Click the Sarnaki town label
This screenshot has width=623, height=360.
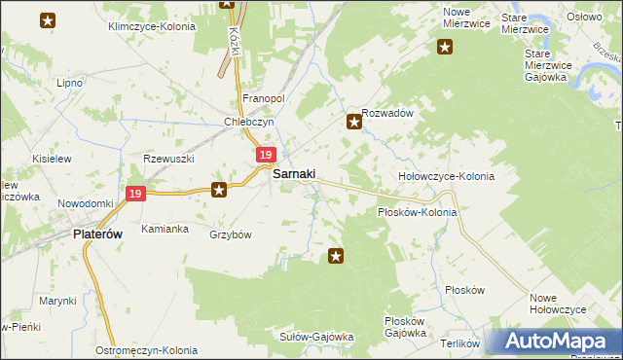(x=293, y=173)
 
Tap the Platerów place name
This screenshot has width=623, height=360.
(x=100, y=234)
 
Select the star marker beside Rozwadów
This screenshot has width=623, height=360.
(x=354, y=123)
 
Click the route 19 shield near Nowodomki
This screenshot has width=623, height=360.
(x=135, y=195)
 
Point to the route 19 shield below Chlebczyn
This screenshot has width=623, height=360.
(x=266, y=155)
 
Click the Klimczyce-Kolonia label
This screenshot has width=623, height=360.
(x=152, y=26)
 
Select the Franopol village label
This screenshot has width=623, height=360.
(x=263, y=99)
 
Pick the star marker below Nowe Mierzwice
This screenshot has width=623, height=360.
(x=445, y=46)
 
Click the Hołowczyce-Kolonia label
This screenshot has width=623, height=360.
(x=447, y=177)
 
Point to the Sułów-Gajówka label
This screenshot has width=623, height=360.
(x=316, y=337)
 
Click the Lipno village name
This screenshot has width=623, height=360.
(x=69, y=83)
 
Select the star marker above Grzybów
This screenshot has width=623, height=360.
(x=220, y=190)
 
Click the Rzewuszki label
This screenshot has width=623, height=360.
(x=169, y=159)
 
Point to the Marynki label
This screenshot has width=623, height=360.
(x=57, y=301)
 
